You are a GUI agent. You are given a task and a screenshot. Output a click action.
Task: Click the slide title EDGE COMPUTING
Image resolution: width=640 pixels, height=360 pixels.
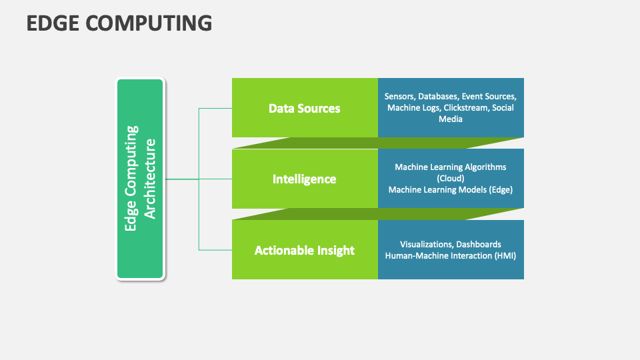pyautogui.click(x=119, y=23)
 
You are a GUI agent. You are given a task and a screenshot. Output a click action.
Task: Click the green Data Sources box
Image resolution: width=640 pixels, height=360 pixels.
pyautogui.click(x=305, y=108)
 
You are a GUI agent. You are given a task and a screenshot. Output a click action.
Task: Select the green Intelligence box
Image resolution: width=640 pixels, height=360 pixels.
pyautogui.click(x=305, y=179)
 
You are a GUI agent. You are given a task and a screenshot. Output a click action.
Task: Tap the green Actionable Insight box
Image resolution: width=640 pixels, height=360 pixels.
pyautogui.click(x=305, y=250)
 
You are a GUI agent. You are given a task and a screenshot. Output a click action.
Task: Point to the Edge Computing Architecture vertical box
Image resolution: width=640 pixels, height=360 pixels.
pyautogui.click(x=140, y=179)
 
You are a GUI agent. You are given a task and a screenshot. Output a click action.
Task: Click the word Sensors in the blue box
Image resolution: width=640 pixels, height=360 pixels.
pyautogui.click(x=399, y=97)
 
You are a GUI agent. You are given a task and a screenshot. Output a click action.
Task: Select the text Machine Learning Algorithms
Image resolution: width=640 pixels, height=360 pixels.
pyautogui.click(x=451, y=167)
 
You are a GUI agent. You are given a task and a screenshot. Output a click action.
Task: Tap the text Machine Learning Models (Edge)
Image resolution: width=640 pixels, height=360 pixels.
pyautogui.click(x=451, y=189)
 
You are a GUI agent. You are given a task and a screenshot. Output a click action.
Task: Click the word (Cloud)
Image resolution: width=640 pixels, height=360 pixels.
pyautogui.click(x=451, y=179)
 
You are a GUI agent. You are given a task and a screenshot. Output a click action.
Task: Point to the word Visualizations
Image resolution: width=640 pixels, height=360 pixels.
pyautogui.click(x=425, y=245)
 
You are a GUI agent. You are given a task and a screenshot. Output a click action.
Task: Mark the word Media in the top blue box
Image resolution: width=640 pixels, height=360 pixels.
pyautogui.click(x=451, y=119)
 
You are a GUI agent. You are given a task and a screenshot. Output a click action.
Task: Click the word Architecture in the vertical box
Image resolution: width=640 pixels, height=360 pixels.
pyautogui.click(x=150, y=179)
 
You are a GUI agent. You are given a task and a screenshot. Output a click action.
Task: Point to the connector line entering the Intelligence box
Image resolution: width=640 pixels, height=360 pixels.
pyautogui.click(x=215, y=179)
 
